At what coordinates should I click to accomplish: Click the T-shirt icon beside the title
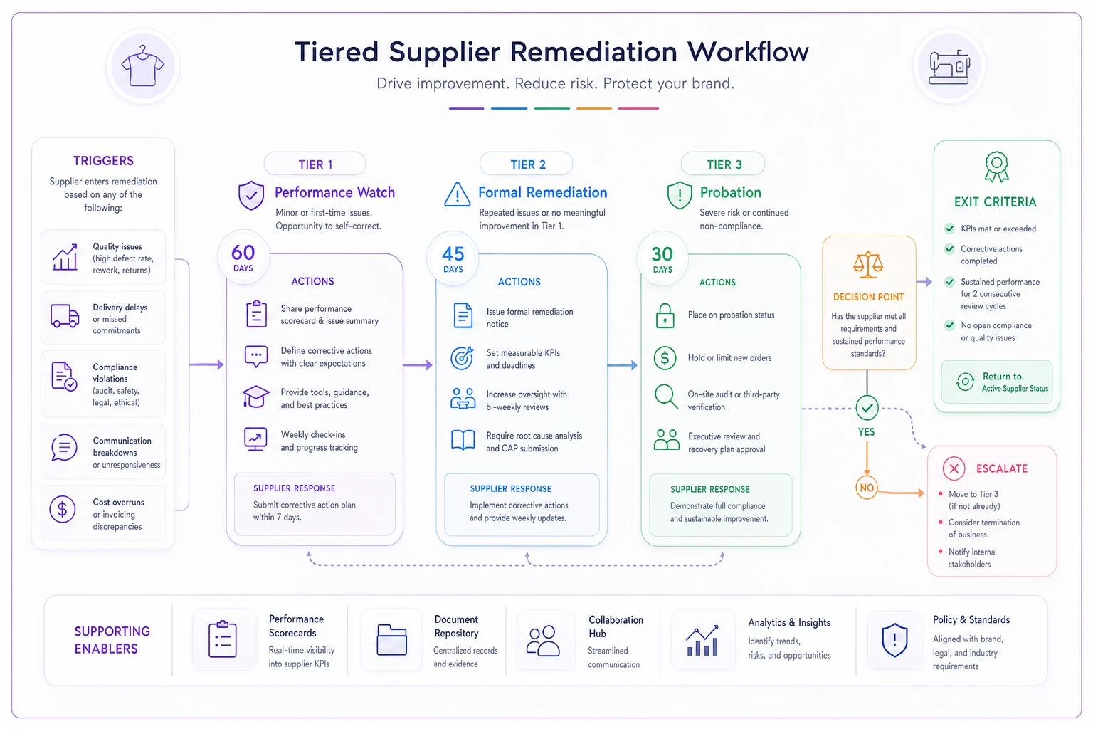[x=142, y=66]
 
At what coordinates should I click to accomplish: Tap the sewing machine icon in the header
[x=949, y=66]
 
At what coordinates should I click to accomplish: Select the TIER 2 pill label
[x=527, y=164]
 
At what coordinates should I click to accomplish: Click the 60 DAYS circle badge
[x=243, y=256]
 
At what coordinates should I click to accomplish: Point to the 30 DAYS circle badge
[x=662, y=258]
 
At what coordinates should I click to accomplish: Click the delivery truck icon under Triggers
[x=65, y=315]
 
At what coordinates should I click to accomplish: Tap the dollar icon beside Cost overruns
[x=63, y=509]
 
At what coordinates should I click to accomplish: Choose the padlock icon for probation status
[x=665, y=315]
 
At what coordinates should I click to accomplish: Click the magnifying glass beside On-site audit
[x=666, y=397]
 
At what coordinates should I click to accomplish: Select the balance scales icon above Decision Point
[x=868, y=265]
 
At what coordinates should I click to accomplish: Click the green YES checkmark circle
[x=867, y=408]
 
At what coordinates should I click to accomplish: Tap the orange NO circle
[x=867, y=487]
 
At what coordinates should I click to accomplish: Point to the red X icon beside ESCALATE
[x=954, y=468]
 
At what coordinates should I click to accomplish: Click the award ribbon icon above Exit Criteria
[x=996, y=167]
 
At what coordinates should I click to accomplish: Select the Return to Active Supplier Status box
[x=996, y=382]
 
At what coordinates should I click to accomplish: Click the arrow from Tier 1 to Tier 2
[x=418, y=364]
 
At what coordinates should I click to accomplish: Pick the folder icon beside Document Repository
[x=392, y=639]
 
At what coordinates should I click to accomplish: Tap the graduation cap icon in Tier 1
[x=255, y=397]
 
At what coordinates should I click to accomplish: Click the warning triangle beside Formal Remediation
[x=458, y=194]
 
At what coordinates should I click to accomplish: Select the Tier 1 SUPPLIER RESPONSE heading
[x=294, y=488]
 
